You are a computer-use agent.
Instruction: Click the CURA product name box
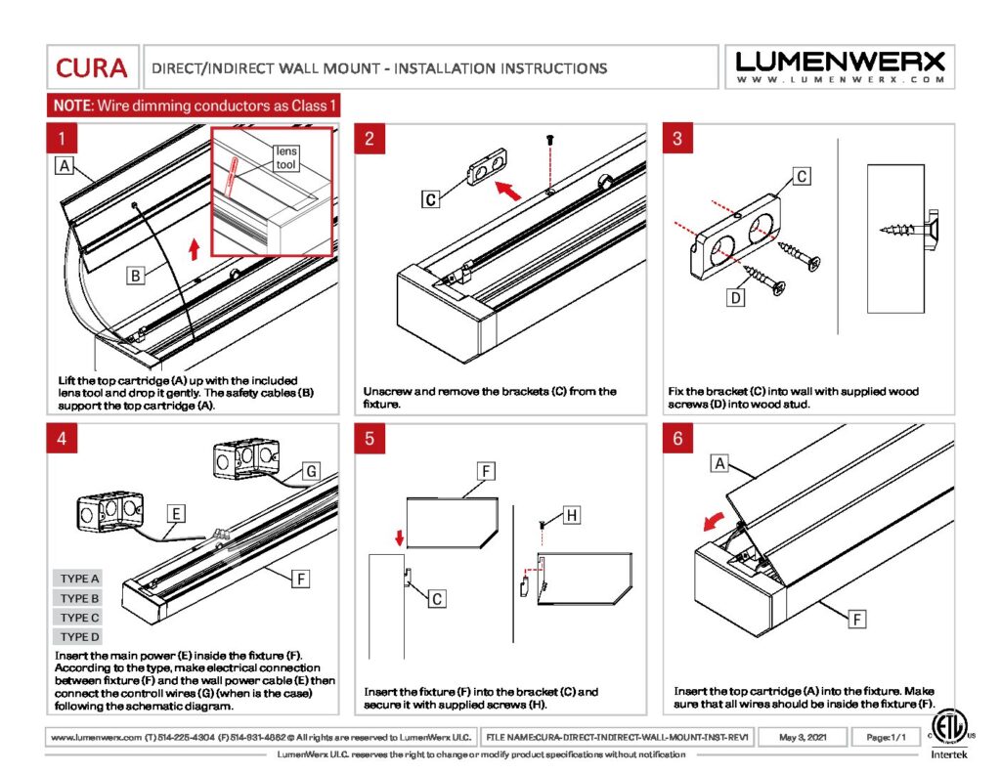pos(91,67)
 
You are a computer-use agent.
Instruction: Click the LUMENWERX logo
pos(841,66)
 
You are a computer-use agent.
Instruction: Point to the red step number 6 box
pos(677,439)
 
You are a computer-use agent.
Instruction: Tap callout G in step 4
pos(310,472)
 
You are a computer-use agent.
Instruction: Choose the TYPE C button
pos(80,618)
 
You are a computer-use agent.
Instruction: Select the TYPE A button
pos(80,579)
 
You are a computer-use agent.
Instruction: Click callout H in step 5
pos(572,515)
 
